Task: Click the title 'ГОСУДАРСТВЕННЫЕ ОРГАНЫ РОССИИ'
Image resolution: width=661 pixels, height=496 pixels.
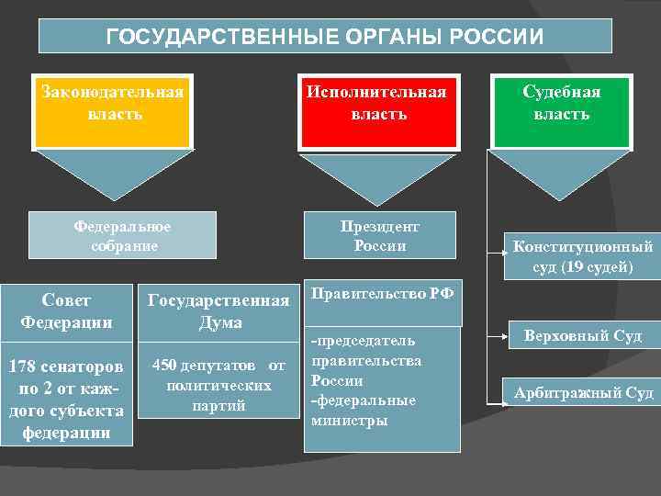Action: (x=325, y=37)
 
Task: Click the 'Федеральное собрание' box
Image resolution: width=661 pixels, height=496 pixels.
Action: (x=123, y=235)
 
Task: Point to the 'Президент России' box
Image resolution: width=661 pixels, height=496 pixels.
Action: (x=379, y=235)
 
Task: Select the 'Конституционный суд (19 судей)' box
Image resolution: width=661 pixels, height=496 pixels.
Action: (x=582, y=257)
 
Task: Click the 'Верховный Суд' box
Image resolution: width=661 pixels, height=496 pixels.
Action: (x=583, y=336)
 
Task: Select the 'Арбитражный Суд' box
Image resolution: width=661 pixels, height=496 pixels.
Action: (x=583, y=393)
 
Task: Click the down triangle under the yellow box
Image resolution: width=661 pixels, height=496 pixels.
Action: (x=112, y=175)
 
